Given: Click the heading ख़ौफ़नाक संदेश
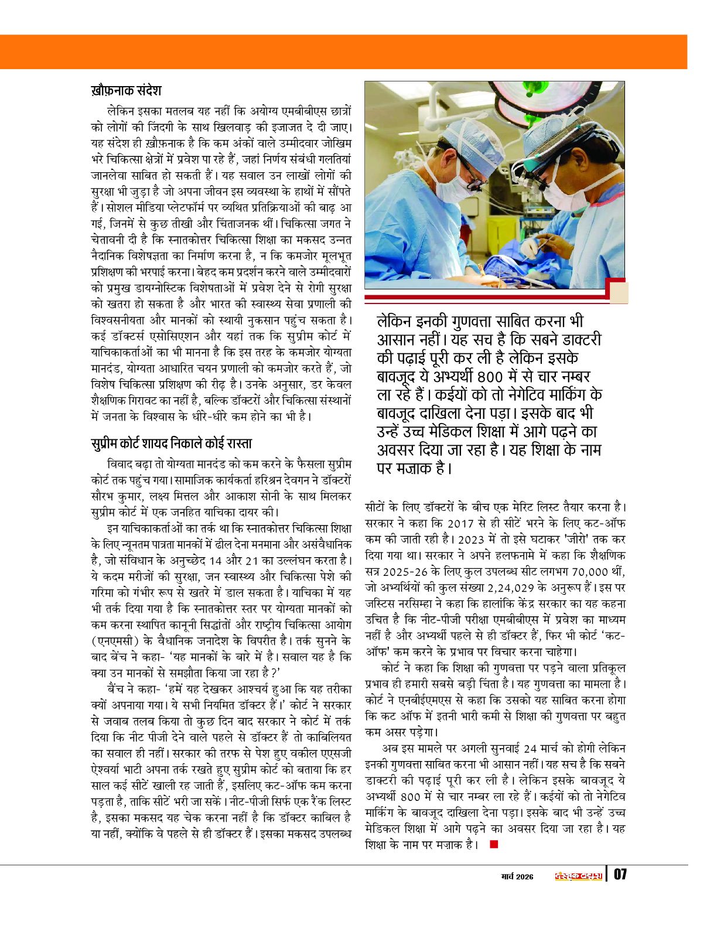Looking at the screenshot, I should point(126,91).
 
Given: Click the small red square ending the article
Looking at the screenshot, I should point(493,844).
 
